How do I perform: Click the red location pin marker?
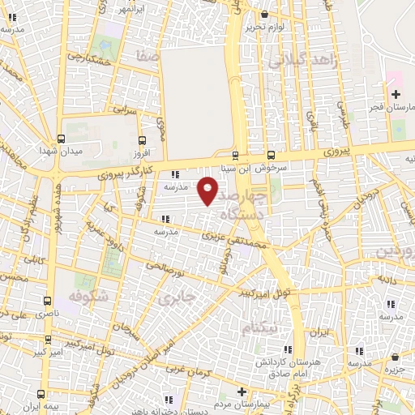coord(207,190)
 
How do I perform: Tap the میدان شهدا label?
coord(60,151)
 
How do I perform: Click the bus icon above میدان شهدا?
coord(62,138)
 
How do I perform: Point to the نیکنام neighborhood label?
coord(259,327)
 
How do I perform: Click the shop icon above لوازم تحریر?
coord(264,13)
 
